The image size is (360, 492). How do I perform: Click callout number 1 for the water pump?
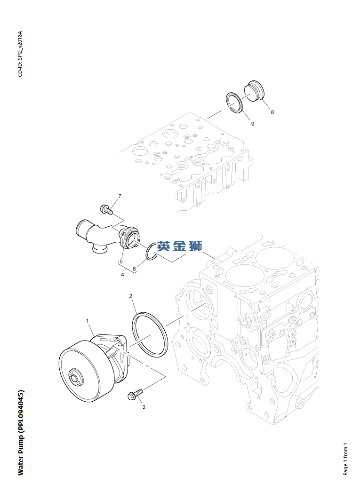(x=87, y=321)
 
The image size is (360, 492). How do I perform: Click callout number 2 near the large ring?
(x=130, y=296)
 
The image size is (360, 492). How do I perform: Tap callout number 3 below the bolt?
(x=144, y=407)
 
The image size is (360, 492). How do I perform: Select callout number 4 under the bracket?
(x=122, y=275)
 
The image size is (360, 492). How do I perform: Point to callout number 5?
(x=121, y=261)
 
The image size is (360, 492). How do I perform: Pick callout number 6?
(x=134, y=269)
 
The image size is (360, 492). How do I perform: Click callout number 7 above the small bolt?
(x=120, y=196)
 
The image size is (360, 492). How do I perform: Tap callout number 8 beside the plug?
(x=272, y=112)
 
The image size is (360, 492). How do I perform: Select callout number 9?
(x=252, y=124)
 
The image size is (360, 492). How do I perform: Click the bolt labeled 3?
(x=135, y=394)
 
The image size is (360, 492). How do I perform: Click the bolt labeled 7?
(x=106, y=209)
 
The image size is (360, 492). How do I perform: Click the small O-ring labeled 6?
(x=152, y=251)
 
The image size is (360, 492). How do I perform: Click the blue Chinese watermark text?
(x=180, y=246)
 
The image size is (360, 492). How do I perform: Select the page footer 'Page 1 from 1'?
(x=345, y=459)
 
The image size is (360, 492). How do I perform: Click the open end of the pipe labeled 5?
(x=80, y=230)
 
